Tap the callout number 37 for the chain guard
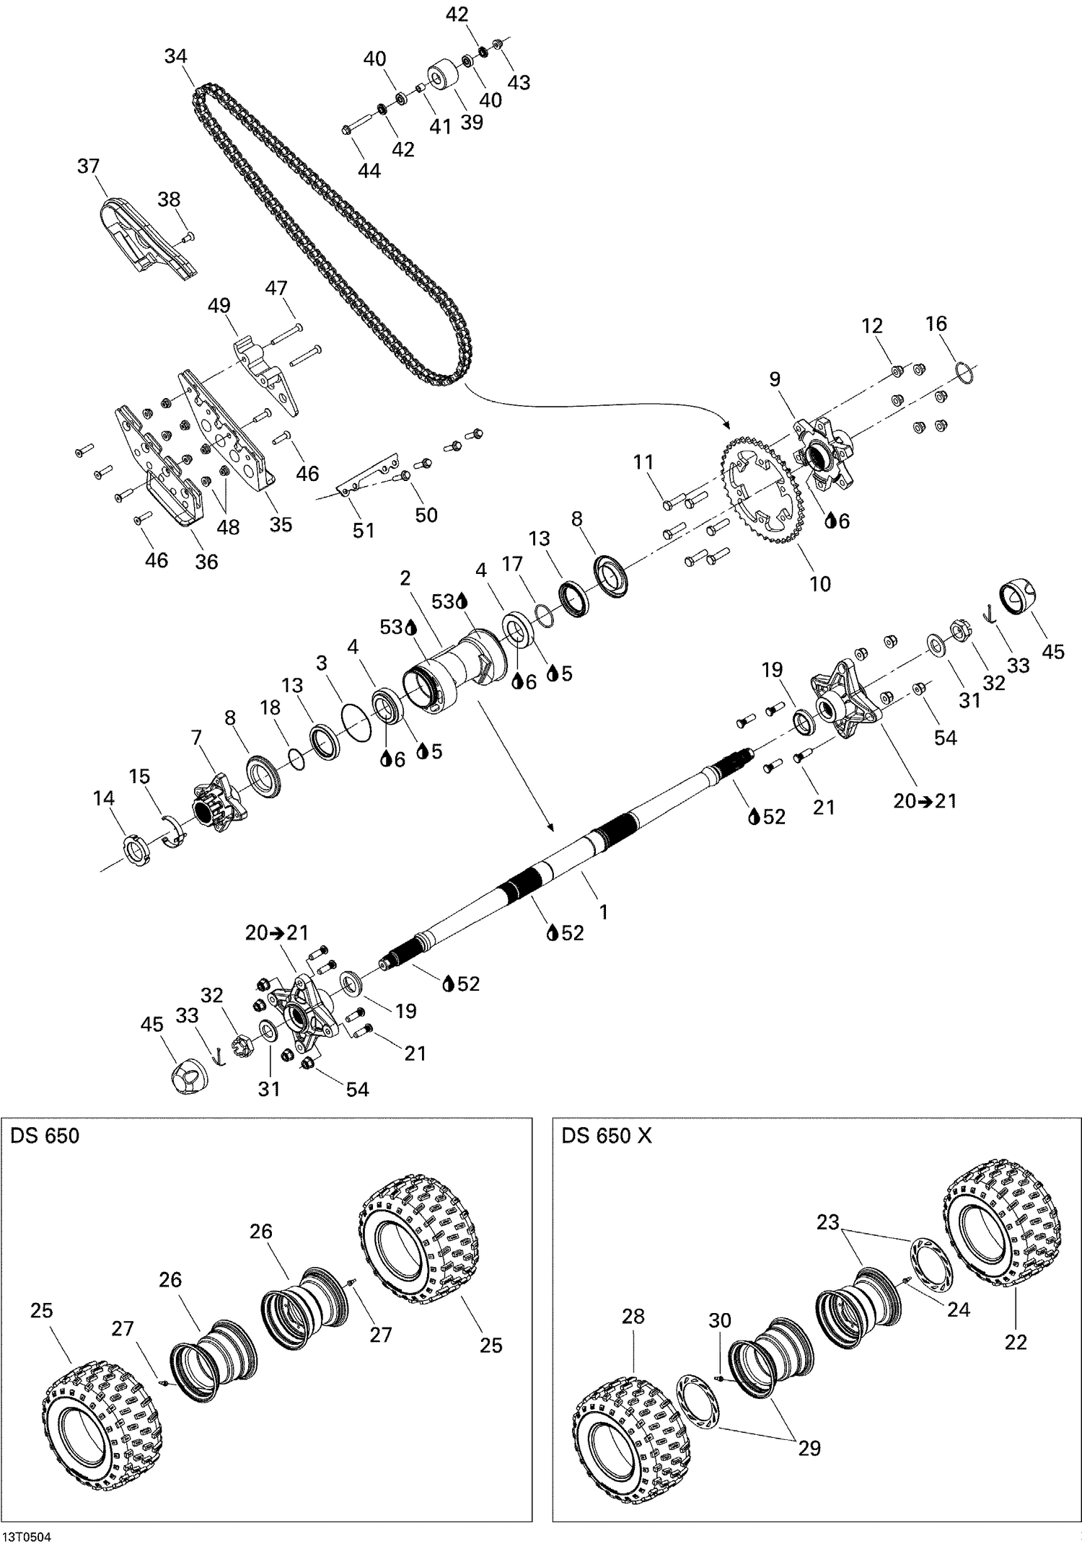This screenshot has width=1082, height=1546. click(x=88, y=166)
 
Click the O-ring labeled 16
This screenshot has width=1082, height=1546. click(x=966, y=371)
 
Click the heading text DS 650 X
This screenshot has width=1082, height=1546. click(x=607, y=1136)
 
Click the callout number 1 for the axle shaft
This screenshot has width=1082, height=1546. click(x=603, y=912)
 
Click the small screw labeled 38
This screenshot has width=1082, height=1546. click(x=190, y=235)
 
